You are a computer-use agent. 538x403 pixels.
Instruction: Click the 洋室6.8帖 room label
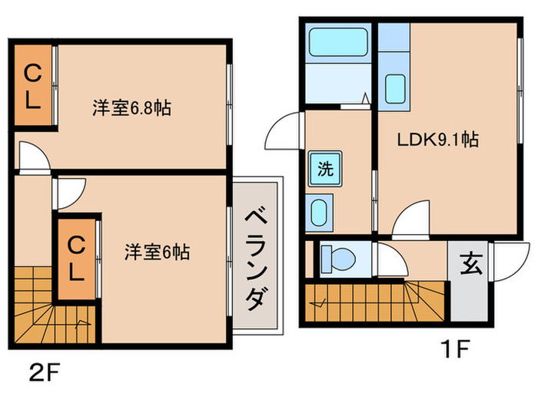[131, 108]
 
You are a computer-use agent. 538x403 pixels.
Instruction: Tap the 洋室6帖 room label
[157, 251]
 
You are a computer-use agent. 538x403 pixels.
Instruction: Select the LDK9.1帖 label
[438, 140]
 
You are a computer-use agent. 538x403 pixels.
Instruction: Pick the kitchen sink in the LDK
[394, 86]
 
